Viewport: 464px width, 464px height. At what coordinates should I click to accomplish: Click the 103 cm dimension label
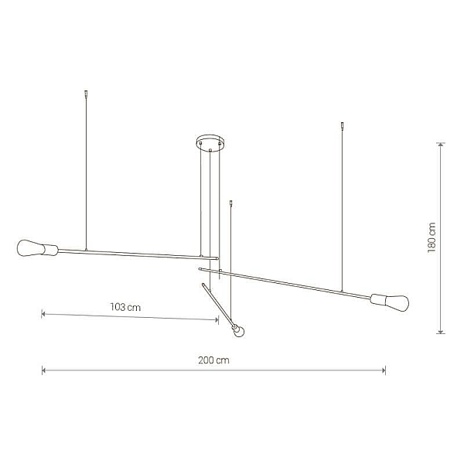click(125, 307)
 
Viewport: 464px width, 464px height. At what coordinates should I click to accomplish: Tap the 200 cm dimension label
click(213, 360)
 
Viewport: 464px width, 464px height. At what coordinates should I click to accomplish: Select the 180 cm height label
click(432, 237)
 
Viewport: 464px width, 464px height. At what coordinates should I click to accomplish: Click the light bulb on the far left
click(30, 248)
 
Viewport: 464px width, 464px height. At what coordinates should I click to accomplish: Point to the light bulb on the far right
click(397, 302)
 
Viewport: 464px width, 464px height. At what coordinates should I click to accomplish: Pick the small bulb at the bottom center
click(240, 332)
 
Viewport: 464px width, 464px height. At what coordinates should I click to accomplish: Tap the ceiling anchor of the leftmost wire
click(86, 94)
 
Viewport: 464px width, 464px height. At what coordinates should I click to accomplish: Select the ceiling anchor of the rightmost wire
click(343, 126)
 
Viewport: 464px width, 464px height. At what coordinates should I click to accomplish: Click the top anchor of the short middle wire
click(231, 203)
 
